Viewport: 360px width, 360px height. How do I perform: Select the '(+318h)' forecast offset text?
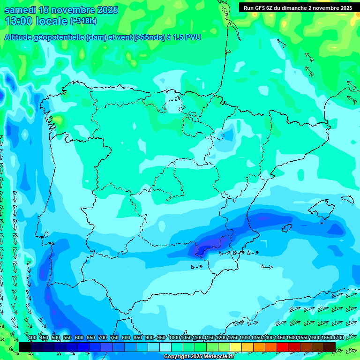pyautogui.click(x=83, y=21)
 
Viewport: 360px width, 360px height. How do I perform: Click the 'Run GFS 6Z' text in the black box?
pyautogui.click(x=258, y=8)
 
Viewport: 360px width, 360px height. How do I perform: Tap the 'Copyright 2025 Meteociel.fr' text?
pyautogui.click(x=199, y=357)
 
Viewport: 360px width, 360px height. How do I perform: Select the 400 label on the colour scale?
pyautogui.click(x=32, y=338)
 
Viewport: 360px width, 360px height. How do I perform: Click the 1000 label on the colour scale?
pyautogui.click(x=174, y=338)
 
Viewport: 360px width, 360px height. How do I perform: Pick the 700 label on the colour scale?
pyautogui.click(x=102, y=338)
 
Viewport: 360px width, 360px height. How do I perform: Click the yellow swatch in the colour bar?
pyautogui.click(x=236, y=347)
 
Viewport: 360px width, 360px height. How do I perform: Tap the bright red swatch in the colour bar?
pyautogui.click(x=283, y=347)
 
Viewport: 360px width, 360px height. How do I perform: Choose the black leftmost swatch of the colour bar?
pyautogui.click(x=25, y=347)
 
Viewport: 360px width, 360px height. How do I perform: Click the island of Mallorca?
pyautogui.click(x=322, y=207)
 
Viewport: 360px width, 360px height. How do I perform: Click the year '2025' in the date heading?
pyautogui.click(x=105, y=10)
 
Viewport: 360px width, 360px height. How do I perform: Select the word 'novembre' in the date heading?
pyautogui.click(x=70, y=10)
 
